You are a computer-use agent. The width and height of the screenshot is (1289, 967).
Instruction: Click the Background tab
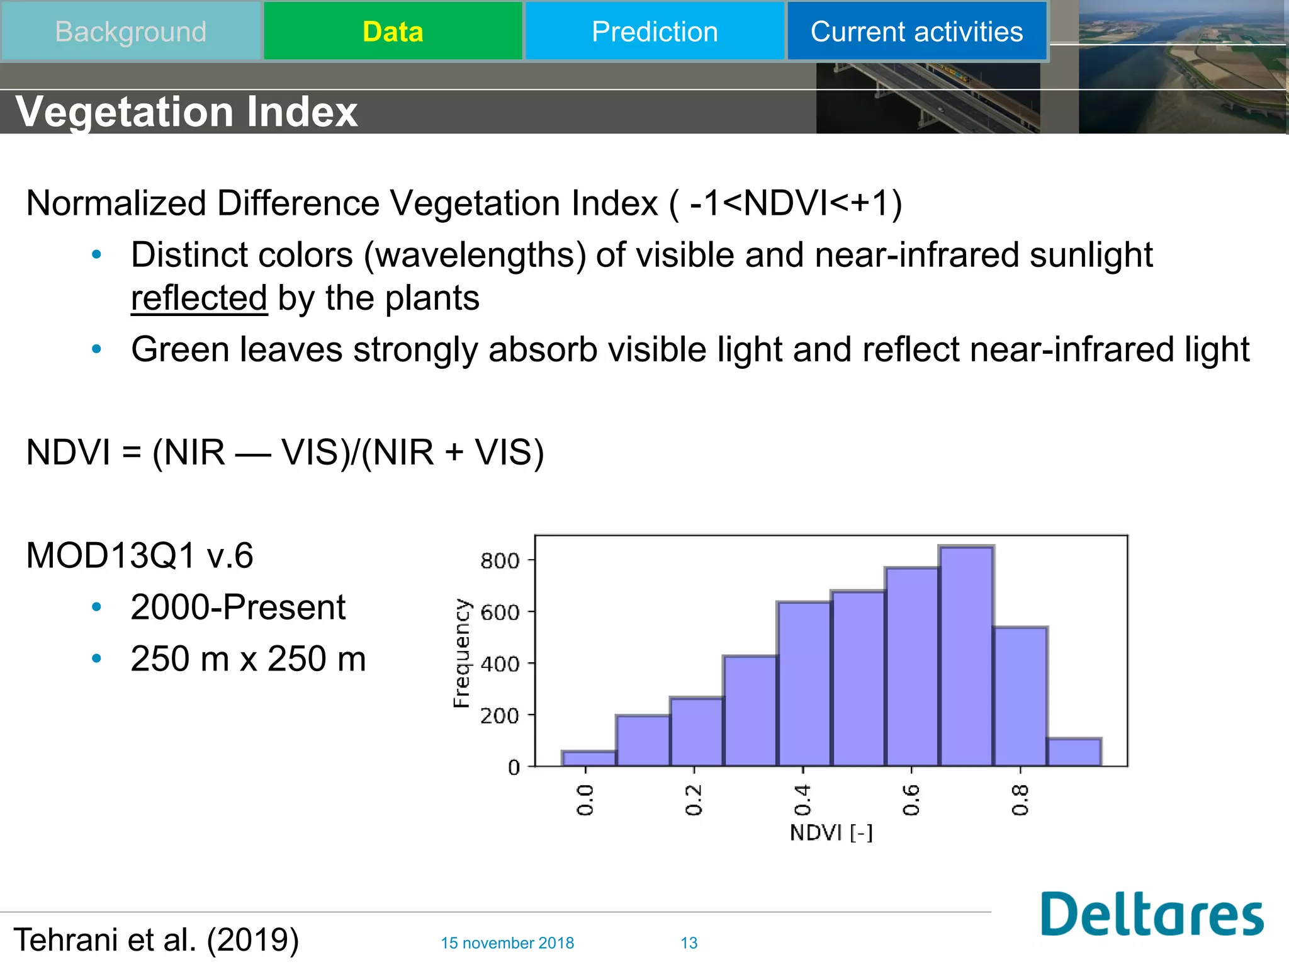(x=130, y=31)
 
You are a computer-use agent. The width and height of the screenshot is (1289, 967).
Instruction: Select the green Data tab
(x=393, y=31)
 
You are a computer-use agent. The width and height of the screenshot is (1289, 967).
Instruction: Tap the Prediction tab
(x=655, y=31)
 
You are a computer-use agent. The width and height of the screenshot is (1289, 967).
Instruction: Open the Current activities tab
(x=916, y=31)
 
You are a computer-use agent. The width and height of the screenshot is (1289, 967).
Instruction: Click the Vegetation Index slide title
(x=186, y=111)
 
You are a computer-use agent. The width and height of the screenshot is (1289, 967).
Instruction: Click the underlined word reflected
(x=200, y=298)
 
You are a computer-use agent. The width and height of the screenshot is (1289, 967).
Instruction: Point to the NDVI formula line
(x=285, y=452)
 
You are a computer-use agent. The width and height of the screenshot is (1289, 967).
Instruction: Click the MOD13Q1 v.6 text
(x=140, y=555)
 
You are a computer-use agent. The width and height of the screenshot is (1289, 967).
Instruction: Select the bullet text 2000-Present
(x=238, y=607)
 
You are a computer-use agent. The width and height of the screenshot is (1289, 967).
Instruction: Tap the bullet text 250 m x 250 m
(x=248, y=659)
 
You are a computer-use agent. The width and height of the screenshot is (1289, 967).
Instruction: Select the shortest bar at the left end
(x=589, y=759)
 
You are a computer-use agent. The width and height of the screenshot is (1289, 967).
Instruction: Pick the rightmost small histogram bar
(x=1074, y=752)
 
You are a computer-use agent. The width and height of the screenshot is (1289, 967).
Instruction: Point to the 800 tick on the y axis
(x=500, y=560)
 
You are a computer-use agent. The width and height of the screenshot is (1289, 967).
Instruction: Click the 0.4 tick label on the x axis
(x=802, y=800)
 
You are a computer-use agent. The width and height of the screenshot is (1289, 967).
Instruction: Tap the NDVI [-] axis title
(x=831, y=833)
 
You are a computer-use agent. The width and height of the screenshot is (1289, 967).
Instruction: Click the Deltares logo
(x=1151, y=914)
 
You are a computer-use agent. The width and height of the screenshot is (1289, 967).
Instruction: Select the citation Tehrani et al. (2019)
(x=156, y=940)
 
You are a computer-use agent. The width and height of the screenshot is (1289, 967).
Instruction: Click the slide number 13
(x=689, y=943)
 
